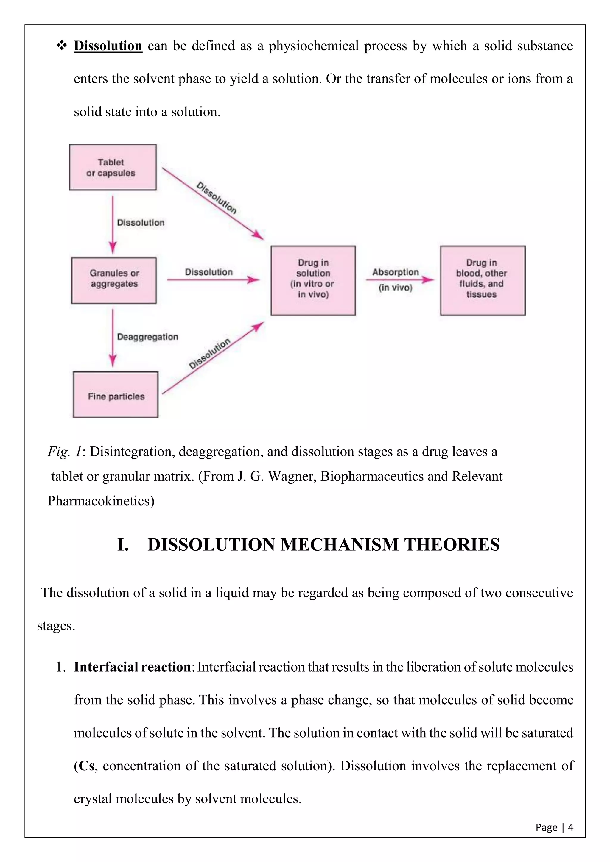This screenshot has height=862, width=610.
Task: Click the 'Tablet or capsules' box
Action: [x=113, y=167]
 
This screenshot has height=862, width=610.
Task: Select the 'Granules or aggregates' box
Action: [x=114, y=280]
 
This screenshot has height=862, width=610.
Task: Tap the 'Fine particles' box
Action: [x=116, y=395]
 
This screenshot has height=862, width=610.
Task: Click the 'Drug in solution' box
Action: [x=313, y=280]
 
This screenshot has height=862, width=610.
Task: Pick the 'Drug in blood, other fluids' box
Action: [x=482, y=280]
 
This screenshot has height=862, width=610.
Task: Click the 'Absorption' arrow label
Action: [x=395, y=272]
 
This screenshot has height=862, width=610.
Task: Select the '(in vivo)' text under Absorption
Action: [x=395, y=288]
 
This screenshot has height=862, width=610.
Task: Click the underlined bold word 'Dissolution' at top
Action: [x=108, y=46]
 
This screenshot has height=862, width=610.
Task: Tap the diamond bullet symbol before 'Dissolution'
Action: [x=61, y=46]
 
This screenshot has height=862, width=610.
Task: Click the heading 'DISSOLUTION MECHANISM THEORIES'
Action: [x=323, y=545]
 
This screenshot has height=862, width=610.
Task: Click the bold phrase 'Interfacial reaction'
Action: [x=132, y=667]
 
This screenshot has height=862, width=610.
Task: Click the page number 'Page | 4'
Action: [x=554, y=827]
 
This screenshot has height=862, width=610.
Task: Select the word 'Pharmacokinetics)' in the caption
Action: [x=101, y=501]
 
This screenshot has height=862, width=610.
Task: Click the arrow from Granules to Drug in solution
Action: [x=213, y=280]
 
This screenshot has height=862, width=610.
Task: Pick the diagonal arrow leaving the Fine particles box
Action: [x=213, y=359]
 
